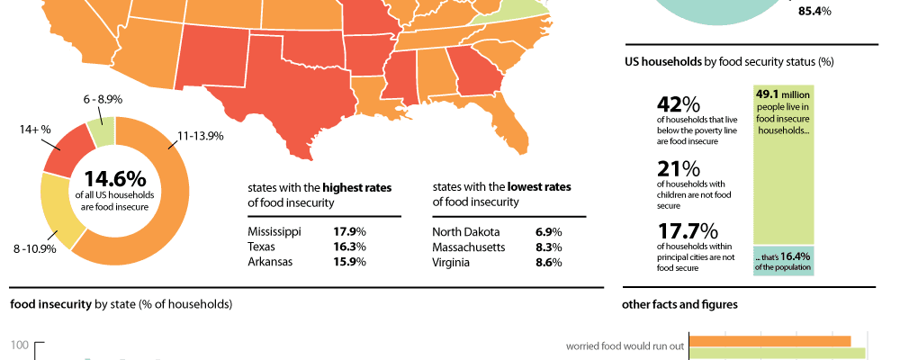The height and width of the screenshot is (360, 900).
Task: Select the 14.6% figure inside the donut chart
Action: click(114, 180)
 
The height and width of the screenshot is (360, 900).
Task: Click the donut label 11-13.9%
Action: click(201, 136)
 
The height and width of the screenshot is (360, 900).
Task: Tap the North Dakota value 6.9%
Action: click(549, 231)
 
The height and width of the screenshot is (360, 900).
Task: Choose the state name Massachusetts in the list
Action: click(470, 247)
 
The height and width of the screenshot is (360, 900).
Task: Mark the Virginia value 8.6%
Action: click(549, 262)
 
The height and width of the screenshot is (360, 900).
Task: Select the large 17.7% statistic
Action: click(687, 231)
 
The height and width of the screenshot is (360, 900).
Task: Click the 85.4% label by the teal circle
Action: click(814, 12)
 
